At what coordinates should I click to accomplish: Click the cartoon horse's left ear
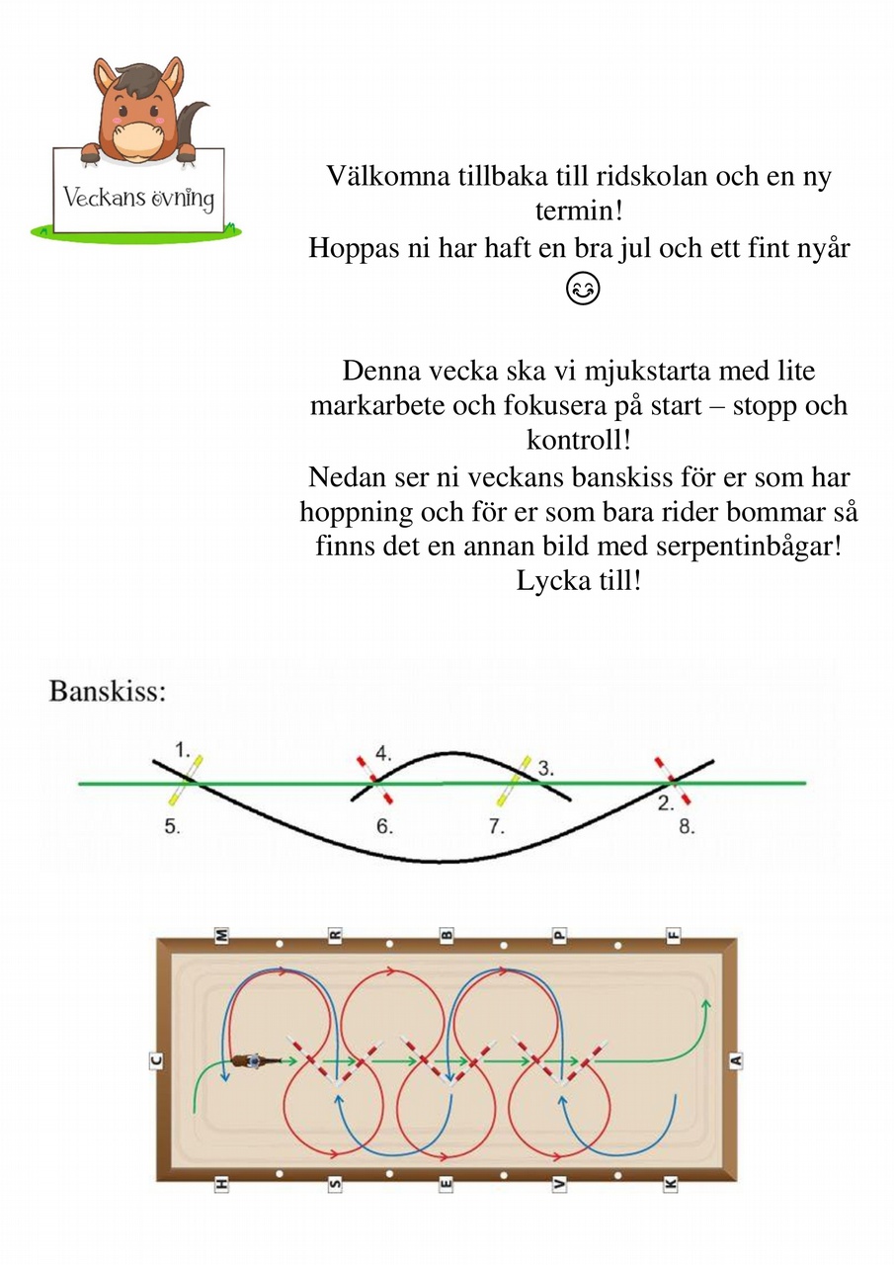(x=106, y=77)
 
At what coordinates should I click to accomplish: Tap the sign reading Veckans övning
(x=138, y=191)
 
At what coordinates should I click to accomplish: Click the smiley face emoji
(x=583, y=290)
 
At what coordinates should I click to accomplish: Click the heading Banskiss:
(x=108, y=691)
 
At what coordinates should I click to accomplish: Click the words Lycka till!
(x=579, y=580)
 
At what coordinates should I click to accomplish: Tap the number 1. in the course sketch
(x=183, y=750)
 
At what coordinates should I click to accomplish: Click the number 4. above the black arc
(x=383, y=754)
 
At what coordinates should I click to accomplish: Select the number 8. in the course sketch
(x=687, y=827)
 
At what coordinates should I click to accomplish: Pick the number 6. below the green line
(x=384, y=827)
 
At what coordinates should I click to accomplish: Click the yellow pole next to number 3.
(x=514, y=781)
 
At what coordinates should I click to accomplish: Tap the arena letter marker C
(x=157, y=1059)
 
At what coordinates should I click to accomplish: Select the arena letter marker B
(x=447, y=936)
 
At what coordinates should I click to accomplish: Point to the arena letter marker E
(x=446, y=1184)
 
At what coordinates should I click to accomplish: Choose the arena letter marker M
(x=222, y=936)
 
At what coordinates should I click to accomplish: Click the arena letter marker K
(x=671, y=1184)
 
